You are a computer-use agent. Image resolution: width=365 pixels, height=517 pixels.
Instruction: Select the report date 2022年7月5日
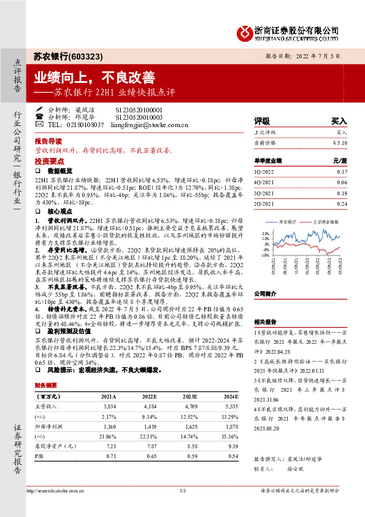[315, 56]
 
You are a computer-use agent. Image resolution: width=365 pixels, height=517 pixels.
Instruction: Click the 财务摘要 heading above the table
[47, 386]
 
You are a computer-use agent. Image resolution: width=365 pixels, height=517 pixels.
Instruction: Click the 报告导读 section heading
[48, 141]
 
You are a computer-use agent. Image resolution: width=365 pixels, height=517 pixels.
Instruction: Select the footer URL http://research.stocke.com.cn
[55, 491]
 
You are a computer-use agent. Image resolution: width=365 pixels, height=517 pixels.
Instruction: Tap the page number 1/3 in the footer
[182, 491]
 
